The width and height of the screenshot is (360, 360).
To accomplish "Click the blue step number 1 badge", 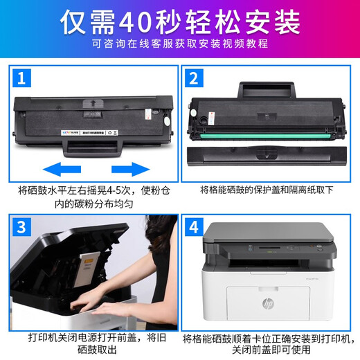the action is click(x=21, y=78).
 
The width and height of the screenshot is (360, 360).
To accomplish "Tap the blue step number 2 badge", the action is click(x=194, y=78).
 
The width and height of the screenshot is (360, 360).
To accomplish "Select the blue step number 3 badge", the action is click(x=21, y=227).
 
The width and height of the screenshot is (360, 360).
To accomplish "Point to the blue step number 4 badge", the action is click(x=194, y=227).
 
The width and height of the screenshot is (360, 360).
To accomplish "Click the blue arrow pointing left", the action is click(x=62, y=169).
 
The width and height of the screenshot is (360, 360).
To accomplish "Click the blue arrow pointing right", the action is click(x=131, y=169).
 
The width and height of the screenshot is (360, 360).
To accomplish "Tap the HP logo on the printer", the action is click(x=268, y=303).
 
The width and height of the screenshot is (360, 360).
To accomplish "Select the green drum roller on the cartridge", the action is click(x=265, y=136).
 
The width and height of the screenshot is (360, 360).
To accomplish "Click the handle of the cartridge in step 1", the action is click(x=93, y=148).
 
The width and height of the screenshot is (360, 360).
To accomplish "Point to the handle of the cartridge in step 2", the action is click(x=267, y=90).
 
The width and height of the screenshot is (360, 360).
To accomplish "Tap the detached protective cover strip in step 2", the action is click(x=267, y=156).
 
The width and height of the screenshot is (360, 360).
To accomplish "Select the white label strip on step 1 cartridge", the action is click(x=89, y=133).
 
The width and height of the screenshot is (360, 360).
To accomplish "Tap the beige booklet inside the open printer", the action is click(x=89, y=269).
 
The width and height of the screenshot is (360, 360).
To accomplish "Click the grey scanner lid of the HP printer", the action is click(x=269, y=232).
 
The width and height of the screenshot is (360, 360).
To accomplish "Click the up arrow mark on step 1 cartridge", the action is click(x=93, y=103).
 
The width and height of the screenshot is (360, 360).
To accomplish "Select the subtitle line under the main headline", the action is click(x=180, y=44).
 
